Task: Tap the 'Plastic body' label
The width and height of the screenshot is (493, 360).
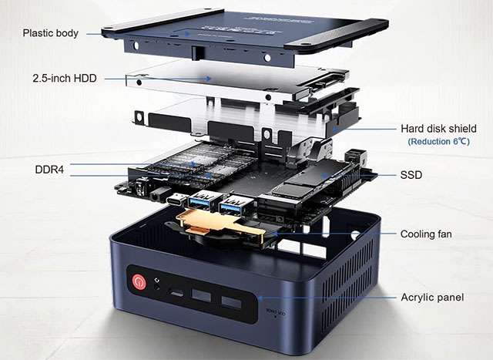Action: point(51,33)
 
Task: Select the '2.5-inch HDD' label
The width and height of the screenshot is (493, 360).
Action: point(65,79)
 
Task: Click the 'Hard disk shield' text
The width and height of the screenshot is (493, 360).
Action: point(438,129)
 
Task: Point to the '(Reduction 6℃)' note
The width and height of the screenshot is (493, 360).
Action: point(438,142)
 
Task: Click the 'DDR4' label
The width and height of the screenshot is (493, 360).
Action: point(49,170)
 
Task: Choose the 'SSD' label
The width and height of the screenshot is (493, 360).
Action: point(411,175)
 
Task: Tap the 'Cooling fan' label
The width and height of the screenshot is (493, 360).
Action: point(426,234)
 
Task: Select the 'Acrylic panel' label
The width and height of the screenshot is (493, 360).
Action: point(432,298)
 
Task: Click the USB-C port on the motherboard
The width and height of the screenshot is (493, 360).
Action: point(176,200)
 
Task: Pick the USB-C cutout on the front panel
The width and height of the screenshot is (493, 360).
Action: point(176,293)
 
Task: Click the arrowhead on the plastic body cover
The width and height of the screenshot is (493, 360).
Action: point(187,32)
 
